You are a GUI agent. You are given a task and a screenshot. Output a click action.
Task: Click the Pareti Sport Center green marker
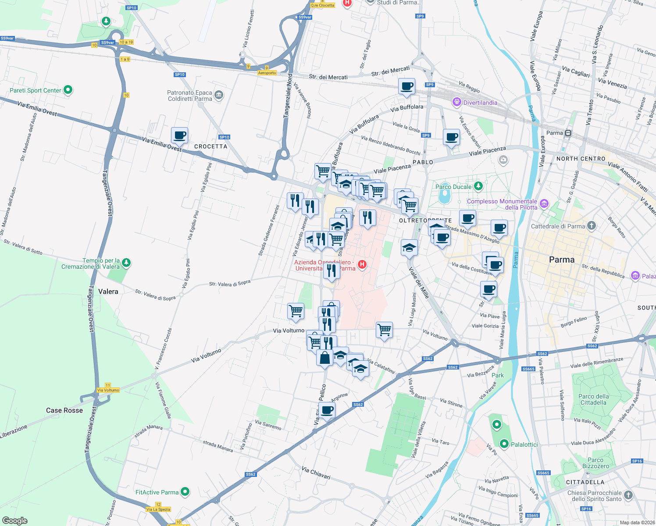(x=68, y=90)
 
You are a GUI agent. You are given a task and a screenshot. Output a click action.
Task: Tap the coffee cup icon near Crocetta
(x=179, y=135)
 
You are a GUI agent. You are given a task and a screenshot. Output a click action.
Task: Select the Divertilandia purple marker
(x=456, y=102)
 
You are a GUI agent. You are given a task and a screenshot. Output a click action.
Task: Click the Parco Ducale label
(x=453, y=187)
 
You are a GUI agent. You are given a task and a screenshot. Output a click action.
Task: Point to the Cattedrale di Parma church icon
(x=592, y=226)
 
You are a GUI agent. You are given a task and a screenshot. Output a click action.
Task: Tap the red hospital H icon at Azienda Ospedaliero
(x=362, y=264)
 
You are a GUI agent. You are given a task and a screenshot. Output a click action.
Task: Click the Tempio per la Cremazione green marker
(x=126, y=263)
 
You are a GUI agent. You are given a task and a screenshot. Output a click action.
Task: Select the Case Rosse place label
(x=64, y=410)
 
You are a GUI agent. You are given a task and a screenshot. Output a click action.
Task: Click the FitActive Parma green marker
(x=185, y=492)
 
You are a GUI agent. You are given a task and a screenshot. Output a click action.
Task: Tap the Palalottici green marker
(x=504, y=444)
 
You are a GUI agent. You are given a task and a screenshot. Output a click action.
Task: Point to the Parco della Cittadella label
(x=593, y=399)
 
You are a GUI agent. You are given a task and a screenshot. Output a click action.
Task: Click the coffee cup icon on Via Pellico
(x=327, y=410)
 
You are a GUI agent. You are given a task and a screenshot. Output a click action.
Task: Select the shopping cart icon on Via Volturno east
(x=384, y=330)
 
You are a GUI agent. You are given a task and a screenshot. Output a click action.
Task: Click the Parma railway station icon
(x=568, y=133)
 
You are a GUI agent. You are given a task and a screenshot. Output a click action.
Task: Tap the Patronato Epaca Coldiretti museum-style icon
(x=219, y=95)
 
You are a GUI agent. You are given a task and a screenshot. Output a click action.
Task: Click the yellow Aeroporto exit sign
(x=267, y=73)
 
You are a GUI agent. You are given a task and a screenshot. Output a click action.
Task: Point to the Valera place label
(x=108, y=291)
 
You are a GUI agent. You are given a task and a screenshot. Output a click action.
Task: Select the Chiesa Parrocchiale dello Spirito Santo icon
(x=628, y=495)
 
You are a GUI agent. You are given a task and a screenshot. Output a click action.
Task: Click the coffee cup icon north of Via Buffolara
(x=406, y=86)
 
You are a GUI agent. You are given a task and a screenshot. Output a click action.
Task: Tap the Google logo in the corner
(x=15, y=520)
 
